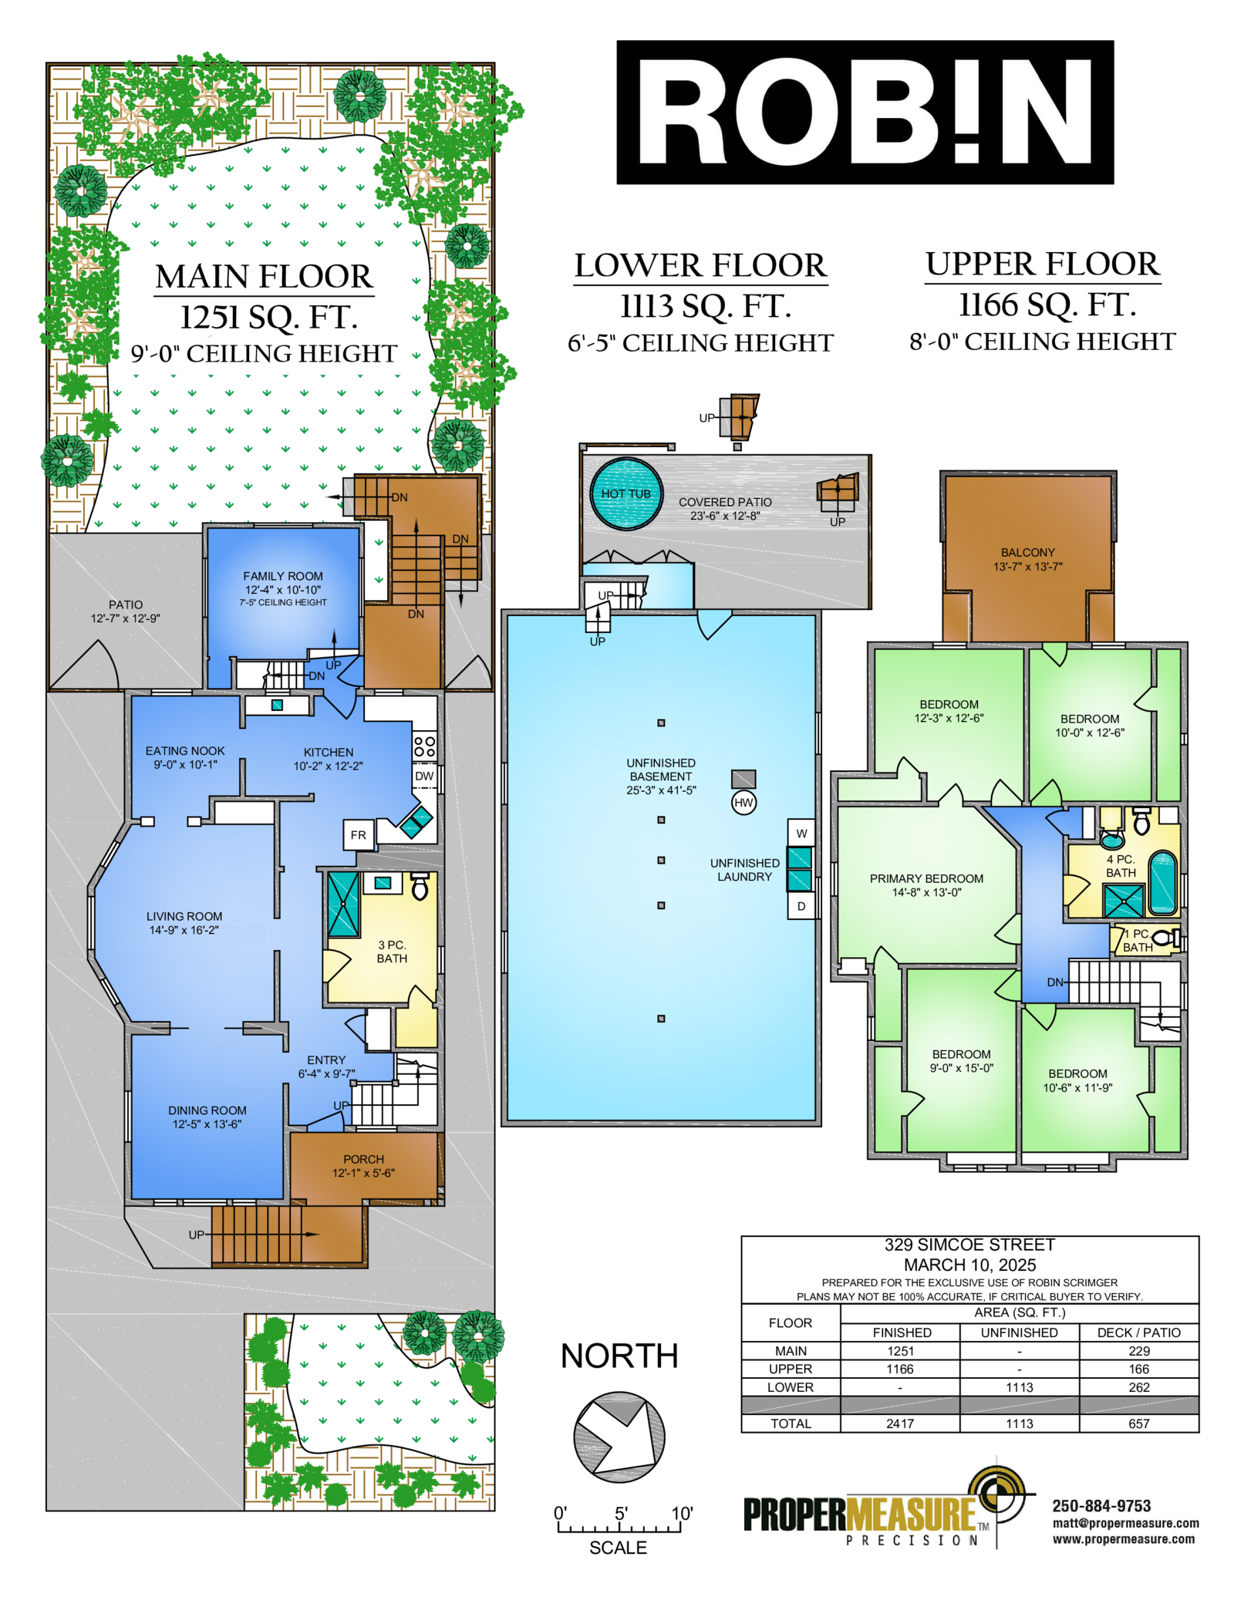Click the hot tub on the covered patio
(626, 494)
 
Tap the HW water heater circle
(743, 803)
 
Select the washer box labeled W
(801, 833)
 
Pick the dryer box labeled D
(801, 906)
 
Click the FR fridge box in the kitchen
(359, 835)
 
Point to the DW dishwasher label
(424, 776)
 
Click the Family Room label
(283, 576)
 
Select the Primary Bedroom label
(926, 878)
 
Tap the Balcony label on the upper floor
(1027, 552)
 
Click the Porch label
(363, 1159)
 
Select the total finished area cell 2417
(900, 1423)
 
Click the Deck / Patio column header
(1139, 1333)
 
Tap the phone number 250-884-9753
(1101, 1506)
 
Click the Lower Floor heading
(700, 265)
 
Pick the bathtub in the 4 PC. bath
(1163, 882)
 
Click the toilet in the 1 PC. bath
(1169, 938)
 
